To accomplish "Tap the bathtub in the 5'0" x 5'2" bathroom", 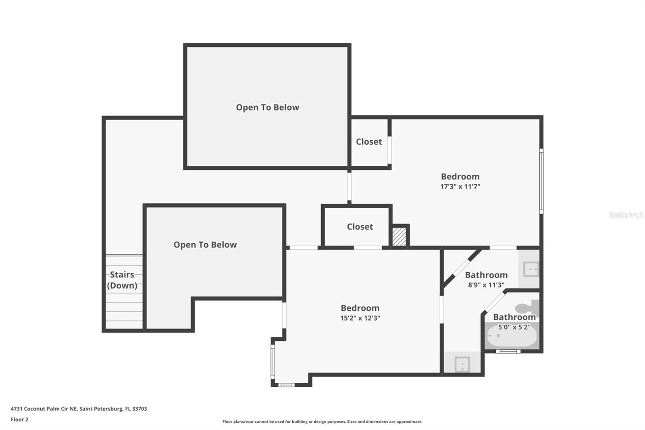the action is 512,336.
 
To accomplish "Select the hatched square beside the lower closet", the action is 399,237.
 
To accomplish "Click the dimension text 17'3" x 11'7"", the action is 460,186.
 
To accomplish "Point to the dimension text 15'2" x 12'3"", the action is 360,318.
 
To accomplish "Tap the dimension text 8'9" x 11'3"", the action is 486,285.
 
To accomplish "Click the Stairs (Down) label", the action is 122,280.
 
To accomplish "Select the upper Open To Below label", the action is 268,107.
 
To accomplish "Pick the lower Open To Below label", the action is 205,245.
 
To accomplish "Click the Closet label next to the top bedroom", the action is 369,142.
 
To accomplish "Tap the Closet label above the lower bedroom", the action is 360,227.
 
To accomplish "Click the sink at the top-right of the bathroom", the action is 531,269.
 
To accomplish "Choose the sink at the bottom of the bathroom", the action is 462,364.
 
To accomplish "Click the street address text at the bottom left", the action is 79,409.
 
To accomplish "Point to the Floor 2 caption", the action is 20,420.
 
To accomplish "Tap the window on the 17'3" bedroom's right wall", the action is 541,181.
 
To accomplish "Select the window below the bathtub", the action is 508,351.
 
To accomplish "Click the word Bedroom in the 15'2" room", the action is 360,308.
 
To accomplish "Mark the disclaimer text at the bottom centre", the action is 322,422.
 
